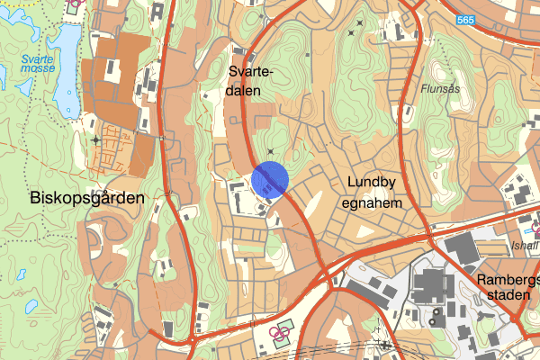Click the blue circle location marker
click(x=269, y=179)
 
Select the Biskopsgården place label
click(x=74, y=197)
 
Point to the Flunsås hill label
click(x=439, y=89)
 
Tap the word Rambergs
click(x=508, y=280)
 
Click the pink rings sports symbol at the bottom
click(x=280, y=337)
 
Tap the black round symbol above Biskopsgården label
click(x=96, y=140)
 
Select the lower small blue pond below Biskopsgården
click(x=31, y=306)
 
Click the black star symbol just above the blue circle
click(x=270, y=151)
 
